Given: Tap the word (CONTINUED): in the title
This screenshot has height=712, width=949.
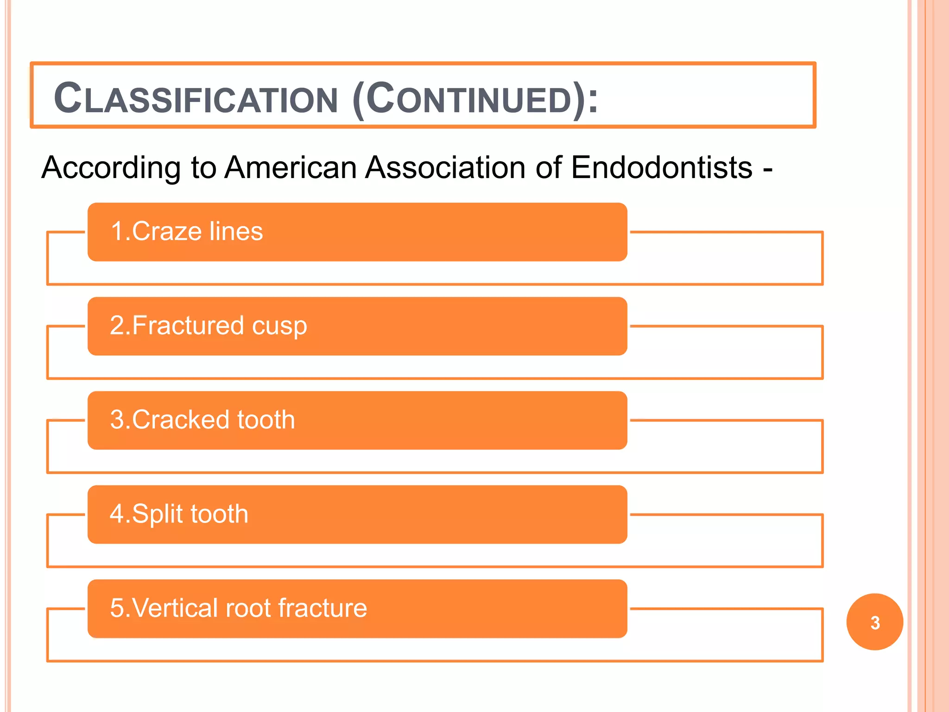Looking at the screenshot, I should (x=475, y=99).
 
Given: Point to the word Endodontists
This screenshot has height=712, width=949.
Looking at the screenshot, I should (x=662, y=167).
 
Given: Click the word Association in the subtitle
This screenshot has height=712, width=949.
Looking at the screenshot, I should (x=445, y=167).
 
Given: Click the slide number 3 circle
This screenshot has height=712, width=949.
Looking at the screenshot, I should (x=874, y=622).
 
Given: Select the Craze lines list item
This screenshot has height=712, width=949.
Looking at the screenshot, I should (x=357, y=232).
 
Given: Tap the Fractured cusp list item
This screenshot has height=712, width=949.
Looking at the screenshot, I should (x=357, y=326).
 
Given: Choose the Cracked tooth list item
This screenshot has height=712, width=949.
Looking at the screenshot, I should (x=357, y=420).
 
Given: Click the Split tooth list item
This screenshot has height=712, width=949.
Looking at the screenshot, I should (x=357, y=514).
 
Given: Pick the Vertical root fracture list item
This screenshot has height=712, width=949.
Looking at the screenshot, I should (x=357, y=608).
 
